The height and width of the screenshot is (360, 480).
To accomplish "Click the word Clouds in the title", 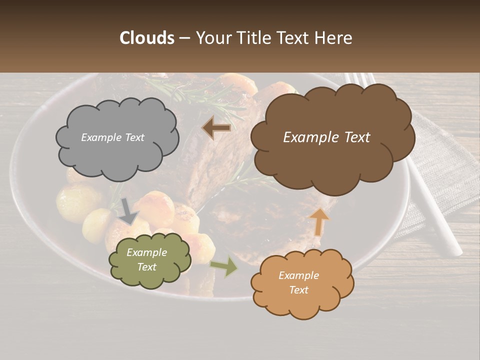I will pyautogui.click(x=146, y=38).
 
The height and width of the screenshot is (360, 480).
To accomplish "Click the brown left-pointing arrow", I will pyautogui.click(x=216, y=128).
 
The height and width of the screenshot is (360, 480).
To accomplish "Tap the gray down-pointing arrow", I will pyautogui.click(x=128, y=212).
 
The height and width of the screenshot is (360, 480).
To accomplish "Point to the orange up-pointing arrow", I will pyautogui.click(x=319, y=222).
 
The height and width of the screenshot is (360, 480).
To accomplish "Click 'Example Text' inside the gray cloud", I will pyautogui.click(x=112, y=137).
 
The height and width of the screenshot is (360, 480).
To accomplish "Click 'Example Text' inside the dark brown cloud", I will pyautogui.click(x=326, y=137).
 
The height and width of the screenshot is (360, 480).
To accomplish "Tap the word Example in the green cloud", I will pyautogui.click(x=146, y=252).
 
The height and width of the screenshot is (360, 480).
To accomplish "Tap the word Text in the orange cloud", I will pyautogui.click(x=298, y=290).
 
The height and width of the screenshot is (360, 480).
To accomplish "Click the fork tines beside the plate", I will pyautogui.click(x=356, y=80).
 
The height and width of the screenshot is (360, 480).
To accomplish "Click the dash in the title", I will pyautogui.click(x=184, y=38).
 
